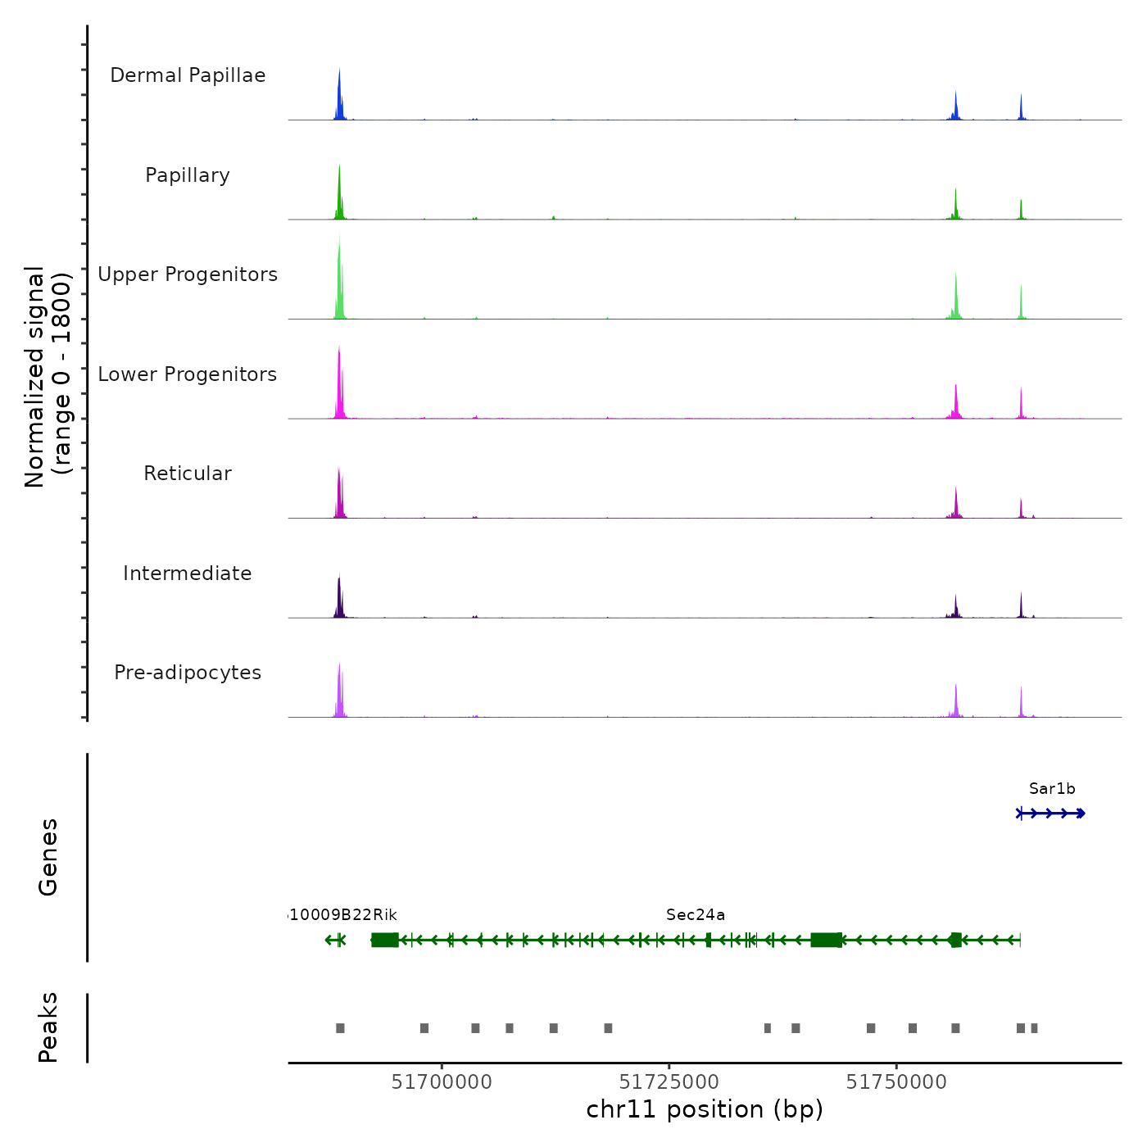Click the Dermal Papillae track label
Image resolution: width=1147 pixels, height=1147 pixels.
pos(188,75)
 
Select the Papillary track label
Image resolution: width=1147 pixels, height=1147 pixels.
pos(188,175)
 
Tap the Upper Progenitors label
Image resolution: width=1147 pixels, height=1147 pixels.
pos(188,274)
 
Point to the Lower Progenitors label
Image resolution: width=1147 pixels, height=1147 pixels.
pos(188,374)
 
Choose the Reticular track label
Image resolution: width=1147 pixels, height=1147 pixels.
pos(188,474)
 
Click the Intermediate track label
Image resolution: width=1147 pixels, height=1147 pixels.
pos(188,573)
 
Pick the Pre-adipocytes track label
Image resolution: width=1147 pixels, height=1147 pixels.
pos(188,673)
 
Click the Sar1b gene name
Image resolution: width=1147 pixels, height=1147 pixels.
pos(1052,789)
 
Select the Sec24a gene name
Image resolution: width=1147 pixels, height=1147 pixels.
pos(696,915)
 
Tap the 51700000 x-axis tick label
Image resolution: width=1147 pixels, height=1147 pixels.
pos(442,1082)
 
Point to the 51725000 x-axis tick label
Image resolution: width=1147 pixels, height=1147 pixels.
pos(669,1082)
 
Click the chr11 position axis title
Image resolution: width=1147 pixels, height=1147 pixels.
pos(705,1109)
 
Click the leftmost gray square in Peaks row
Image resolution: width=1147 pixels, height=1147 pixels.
pos(340,1028)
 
